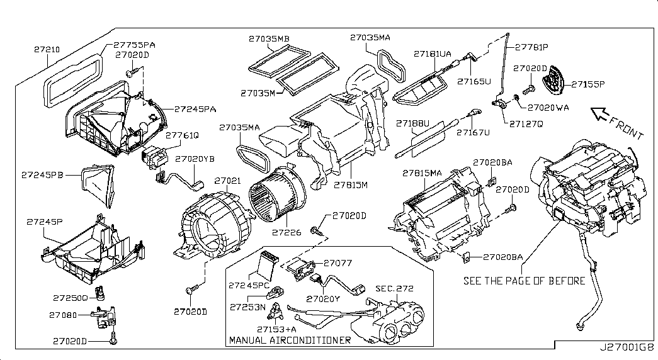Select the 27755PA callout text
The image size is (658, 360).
(x=134, y=45)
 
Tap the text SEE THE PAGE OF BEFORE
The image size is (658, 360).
(x=524, y=280)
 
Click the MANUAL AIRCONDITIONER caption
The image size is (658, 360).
(x=290, y=340)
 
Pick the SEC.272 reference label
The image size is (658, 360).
(x=394, y=288)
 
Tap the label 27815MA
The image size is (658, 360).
(x=423, y=172)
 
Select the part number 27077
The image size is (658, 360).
(x=337, y=263)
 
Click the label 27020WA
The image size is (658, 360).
(x=548, y=108)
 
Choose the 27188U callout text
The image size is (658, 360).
(x=412, y=123)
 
